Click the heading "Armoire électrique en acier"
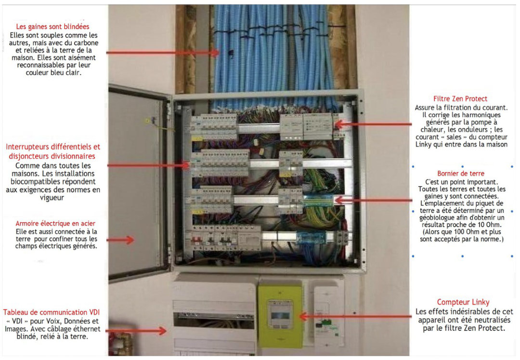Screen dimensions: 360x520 (55, 224)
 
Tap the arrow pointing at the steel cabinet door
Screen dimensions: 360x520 (121, 240)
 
